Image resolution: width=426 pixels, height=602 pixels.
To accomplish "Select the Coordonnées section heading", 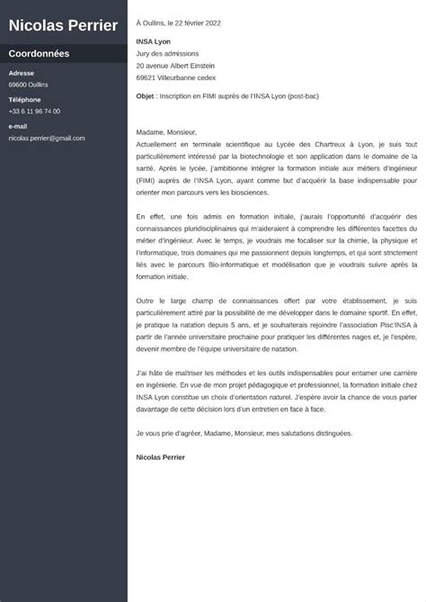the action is [x=39, y=54].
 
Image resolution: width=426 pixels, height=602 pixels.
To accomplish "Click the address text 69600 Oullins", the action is [x=30, y=85].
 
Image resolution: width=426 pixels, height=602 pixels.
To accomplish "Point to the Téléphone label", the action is [x=24, y=99].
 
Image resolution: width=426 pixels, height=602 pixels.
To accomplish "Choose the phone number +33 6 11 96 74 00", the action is [x=34, y=111].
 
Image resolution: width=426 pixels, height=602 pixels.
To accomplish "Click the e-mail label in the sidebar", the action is [x=18, y=126].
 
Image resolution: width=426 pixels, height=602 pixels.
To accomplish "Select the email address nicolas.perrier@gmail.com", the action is [x=47, y=138].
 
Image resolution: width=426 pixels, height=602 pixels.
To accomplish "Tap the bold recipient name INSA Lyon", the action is [x=152, y=40].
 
